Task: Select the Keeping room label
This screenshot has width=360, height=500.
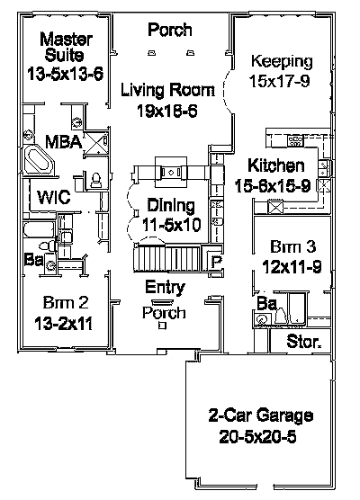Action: click(281, 62)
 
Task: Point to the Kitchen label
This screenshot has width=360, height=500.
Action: click(275, 165)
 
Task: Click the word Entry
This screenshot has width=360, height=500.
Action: click(166, 288)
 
